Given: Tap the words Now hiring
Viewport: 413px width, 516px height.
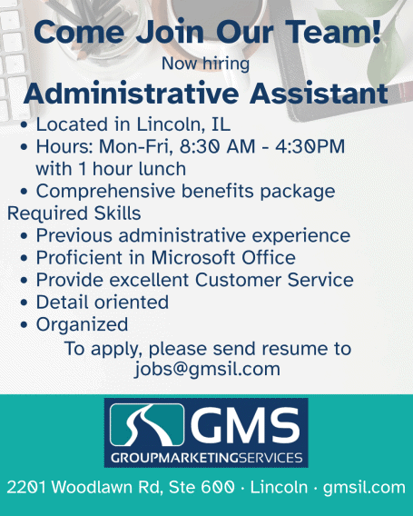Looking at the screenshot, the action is coord(205,64).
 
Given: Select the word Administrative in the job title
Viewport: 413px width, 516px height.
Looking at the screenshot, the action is coord(132,94).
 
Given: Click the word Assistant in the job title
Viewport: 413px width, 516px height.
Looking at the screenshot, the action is coord(319,94).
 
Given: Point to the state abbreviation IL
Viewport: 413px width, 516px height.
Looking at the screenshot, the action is coord(221,124).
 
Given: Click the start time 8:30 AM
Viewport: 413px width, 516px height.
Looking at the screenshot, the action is coord(217,146).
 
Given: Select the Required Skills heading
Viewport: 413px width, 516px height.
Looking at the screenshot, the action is coord(74,213).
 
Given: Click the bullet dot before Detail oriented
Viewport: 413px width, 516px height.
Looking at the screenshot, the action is coord(24,303).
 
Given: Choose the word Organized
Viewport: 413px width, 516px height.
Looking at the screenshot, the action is coord(83,325).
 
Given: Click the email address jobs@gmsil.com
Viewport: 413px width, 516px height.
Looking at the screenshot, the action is coord(207,369).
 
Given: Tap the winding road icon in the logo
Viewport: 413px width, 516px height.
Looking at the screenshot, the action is coord(147,424).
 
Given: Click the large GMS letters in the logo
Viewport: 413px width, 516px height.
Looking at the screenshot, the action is coord(245,424).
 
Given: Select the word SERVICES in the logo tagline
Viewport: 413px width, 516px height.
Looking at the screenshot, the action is coord(270,458).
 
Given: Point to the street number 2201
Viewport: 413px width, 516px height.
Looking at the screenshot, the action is coord(26,487).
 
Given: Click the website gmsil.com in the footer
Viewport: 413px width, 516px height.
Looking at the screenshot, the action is coord(364,488).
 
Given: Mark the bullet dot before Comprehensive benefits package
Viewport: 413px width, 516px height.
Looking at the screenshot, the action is coord(24,192).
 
